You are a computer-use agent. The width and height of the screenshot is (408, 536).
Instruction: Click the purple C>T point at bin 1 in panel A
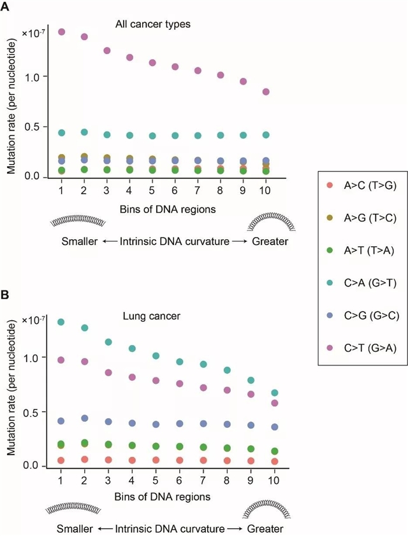62,31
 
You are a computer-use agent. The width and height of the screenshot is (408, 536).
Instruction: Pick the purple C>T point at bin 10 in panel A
266,92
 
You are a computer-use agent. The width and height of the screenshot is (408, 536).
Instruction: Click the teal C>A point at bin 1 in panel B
61,322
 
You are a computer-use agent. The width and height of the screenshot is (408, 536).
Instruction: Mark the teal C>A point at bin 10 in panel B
274,393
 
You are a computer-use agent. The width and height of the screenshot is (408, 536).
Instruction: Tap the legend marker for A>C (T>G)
329,185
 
